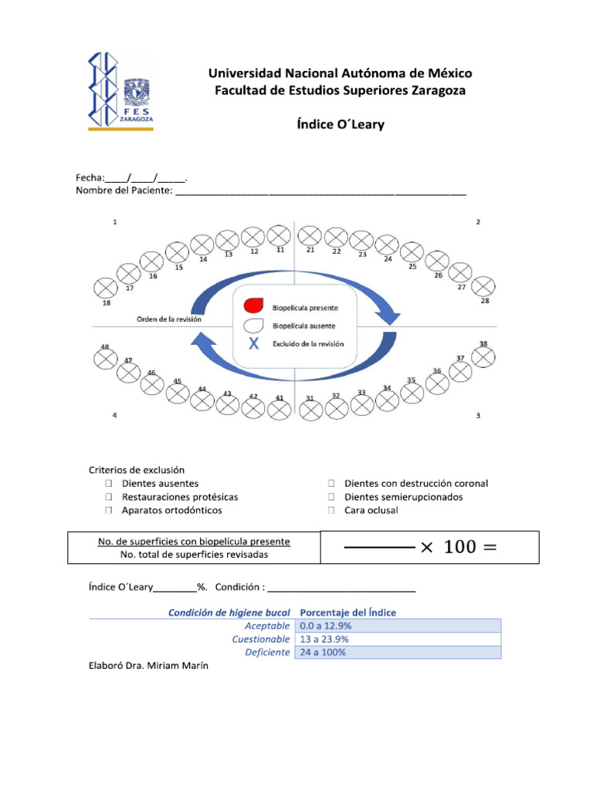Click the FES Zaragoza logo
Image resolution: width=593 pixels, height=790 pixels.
120,91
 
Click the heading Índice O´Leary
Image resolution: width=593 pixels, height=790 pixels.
341,124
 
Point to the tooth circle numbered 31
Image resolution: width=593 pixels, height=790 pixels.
310,410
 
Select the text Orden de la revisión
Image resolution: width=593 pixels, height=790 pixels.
168,319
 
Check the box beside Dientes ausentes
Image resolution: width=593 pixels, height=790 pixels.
110,484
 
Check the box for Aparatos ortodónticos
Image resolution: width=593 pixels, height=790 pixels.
110,511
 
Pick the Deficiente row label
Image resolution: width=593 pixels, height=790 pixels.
267,652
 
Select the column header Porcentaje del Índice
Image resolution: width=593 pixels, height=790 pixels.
347,613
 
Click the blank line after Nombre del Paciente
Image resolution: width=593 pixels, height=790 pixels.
320,191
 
